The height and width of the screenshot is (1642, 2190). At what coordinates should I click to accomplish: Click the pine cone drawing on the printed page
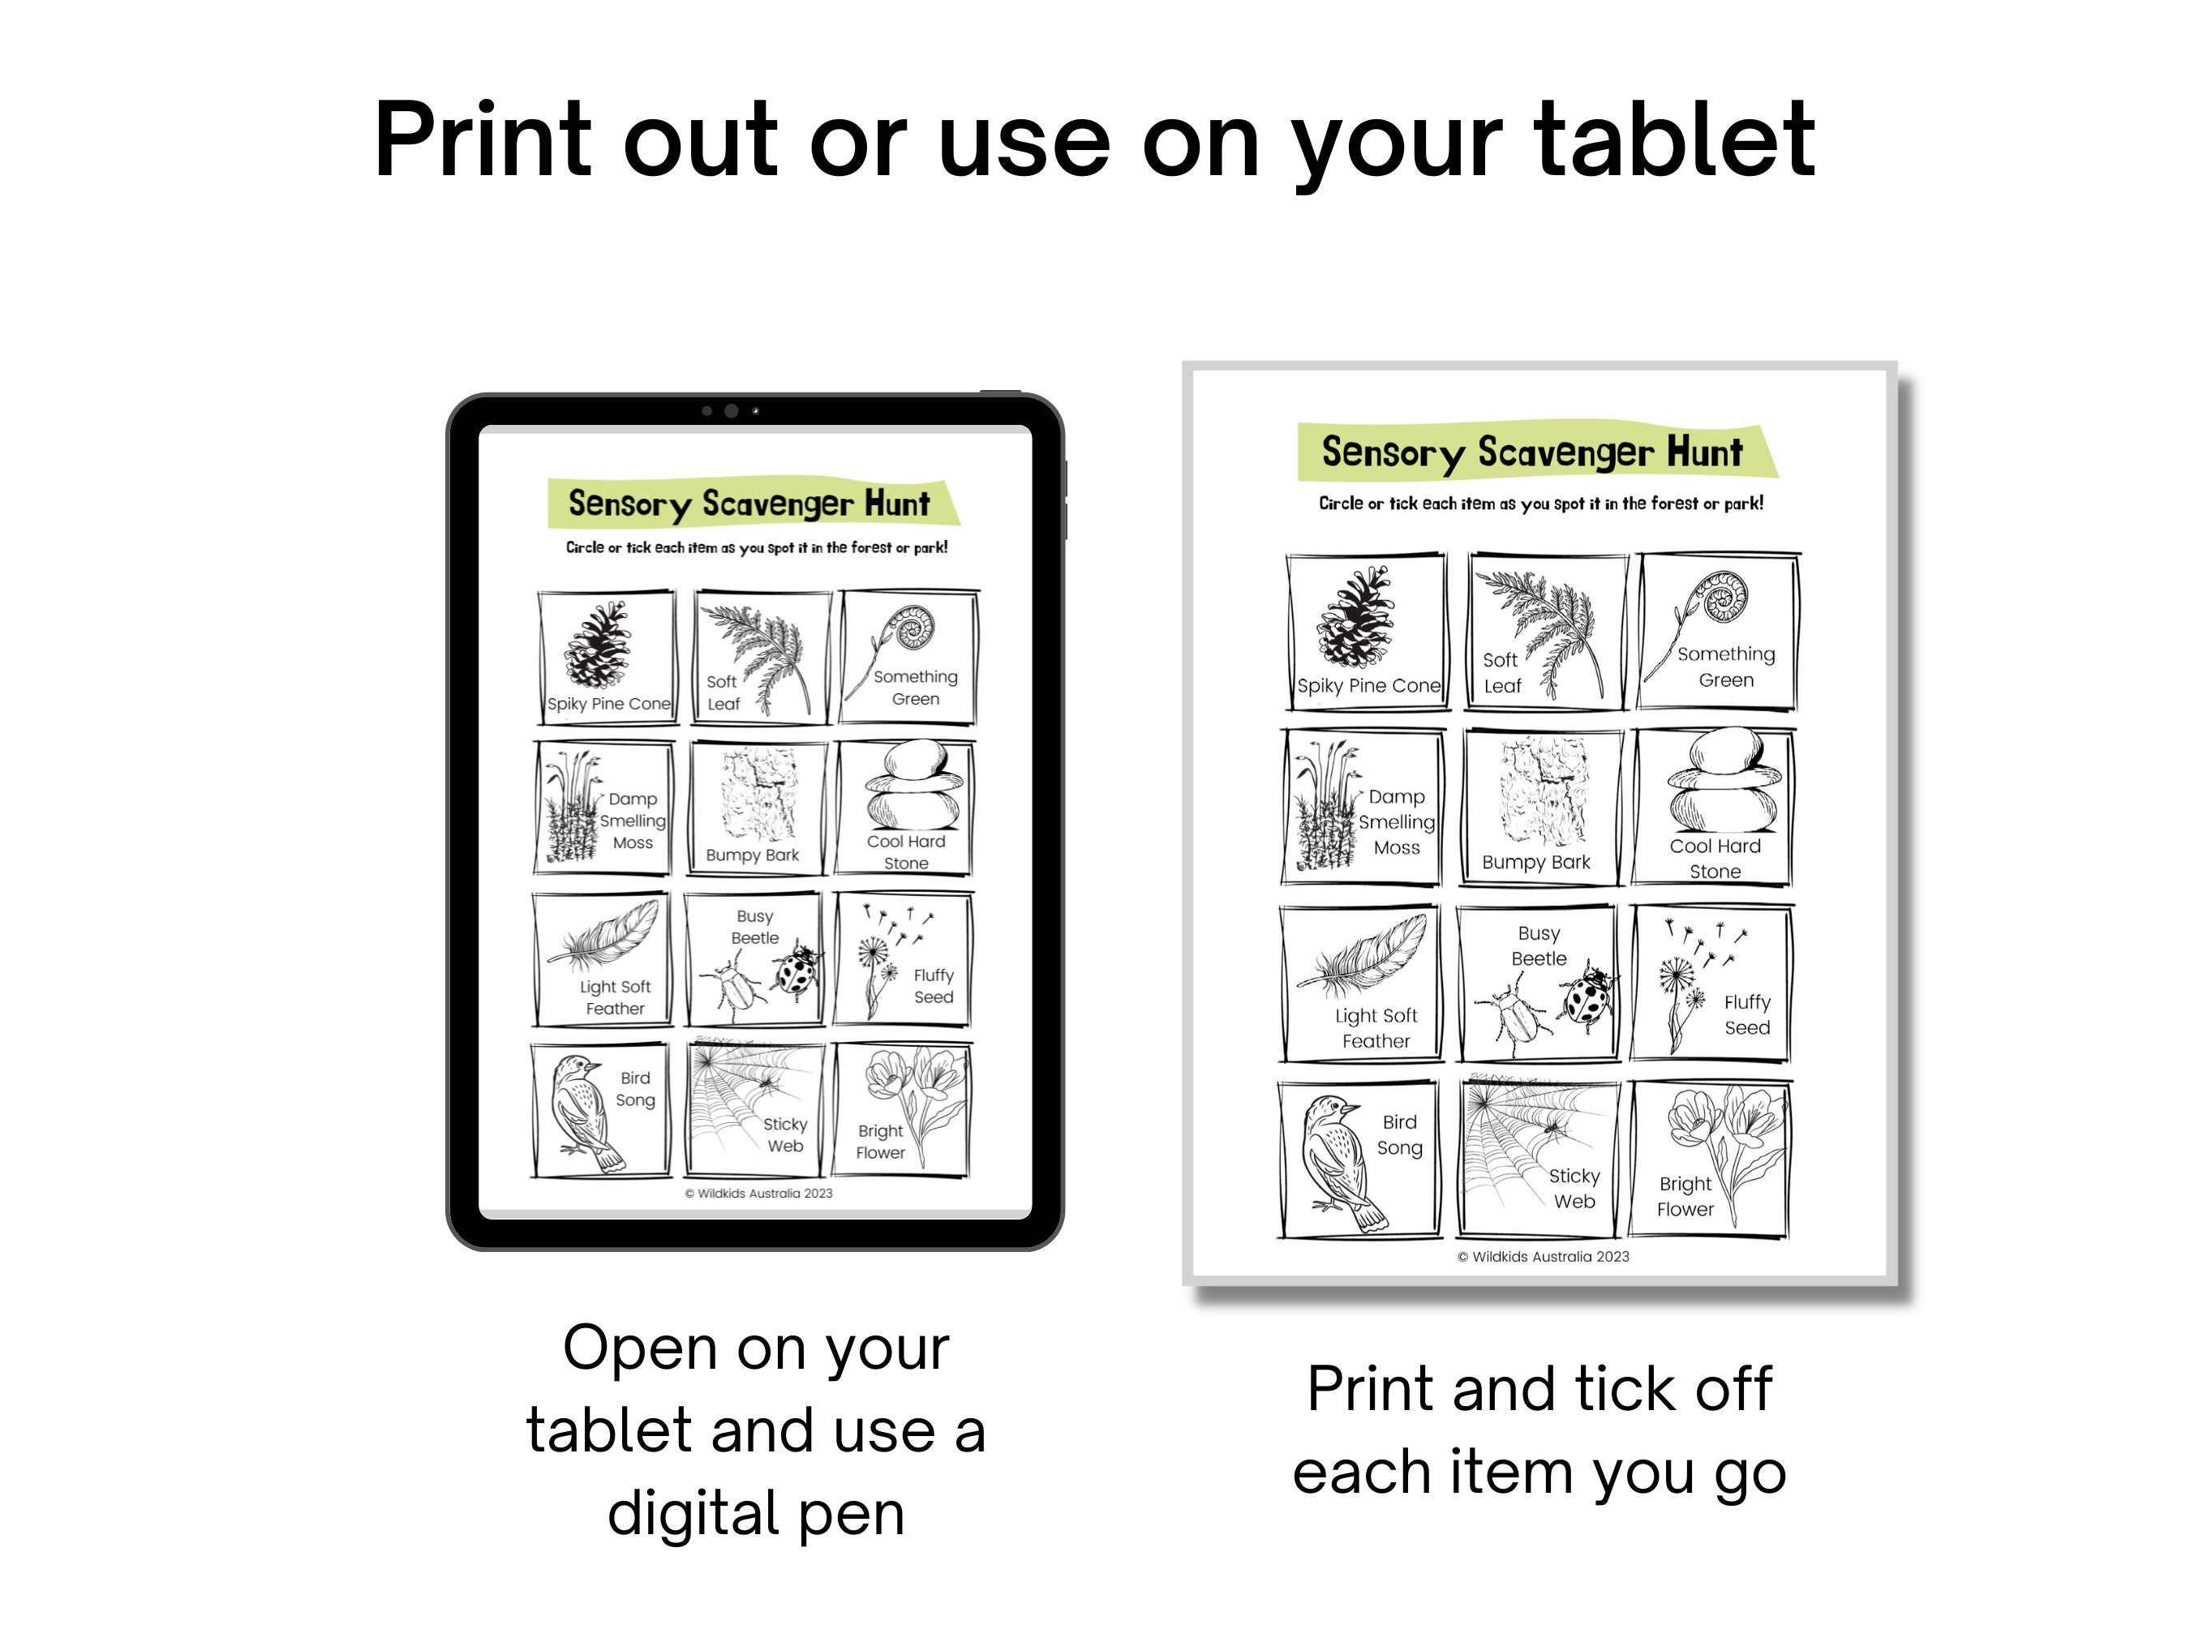point(1355,618)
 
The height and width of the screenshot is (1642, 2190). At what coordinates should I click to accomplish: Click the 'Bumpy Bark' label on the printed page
point(1535,862)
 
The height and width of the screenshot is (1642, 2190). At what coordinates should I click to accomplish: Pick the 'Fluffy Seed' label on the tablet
point(934,986)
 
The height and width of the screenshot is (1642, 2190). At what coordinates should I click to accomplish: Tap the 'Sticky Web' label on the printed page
point(1574,1188)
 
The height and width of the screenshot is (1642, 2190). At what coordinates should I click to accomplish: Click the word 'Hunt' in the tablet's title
point(897,504)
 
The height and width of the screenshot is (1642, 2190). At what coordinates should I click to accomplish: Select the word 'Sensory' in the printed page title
point(1392,452)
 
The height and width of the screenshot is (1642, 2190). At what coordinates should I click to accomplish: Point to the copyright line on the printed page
point(1543,1257)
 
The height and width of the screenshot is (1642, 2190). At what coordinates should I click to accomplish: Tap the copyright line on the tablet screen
point(758,1194)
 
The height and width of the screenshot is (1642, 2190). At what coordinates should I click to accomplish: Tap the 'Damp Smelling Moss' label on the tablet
point(633,821)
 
